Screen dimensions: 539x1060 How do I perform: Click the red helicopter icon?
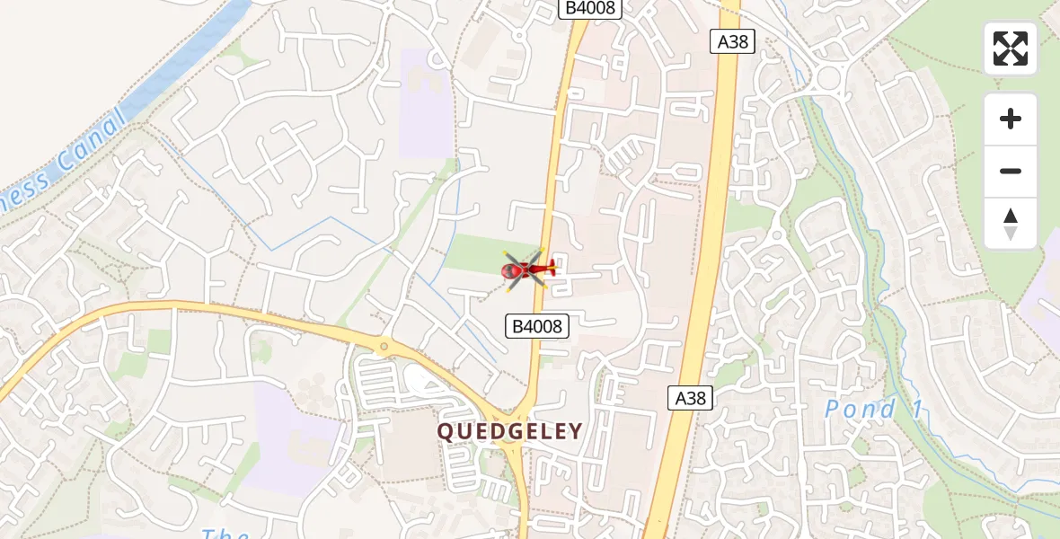[x=526, y=269]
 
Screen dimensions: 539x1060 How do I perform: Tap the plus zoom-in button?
[x=1011, y=119]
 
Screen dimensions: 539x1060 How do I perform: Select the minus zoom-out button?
[x=1011, y=171]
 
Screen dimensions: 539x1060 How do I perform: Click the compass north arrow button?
[x=1011, y=224]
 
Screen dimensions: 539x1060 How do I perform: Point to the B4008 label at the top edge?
[x=590, y=8]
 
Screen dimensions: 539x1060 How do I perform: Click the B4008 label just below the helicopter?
[x=538, y=326]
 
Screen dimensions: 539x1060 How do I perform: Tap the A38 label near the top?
[x=732, y=40]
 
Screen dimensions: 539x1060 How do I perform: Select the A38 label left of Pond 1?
[x=690, y=398]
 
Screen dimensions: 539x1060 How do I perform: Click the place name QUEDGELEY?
[x=509, y=432]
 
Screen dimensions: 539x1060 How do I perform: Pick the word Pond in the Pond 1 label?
[x=861, y=411]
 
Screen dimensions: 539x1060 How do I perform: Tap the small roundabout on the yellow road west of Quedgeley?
[x=384, y=346]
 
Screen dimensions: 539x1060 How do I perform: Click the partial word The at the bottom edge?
[x=225, y=534]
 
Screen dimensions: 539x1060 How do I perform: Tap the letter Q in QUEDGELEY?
[x=446, y=432]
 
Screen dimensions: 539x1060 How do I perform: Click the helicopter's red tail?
[x=549, y=267]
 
